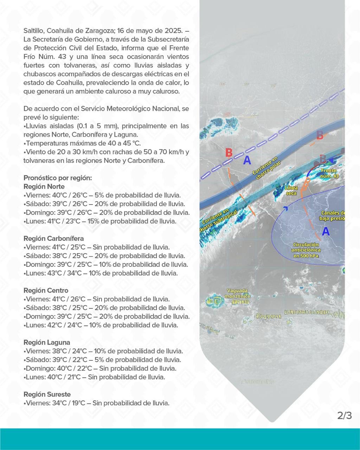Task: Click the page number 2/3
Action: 344,416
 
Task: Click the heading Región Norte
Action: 44,187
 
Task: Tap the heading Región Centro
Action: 46,291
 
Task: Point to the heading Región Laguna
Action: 47,342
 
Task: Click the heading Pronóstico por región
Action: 58,178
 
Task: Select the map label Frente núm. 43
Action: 329,173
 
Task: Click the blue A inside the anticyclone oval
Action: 326,231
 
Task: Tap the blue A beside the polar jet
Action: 247,161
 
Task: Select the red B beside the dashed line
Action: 229,153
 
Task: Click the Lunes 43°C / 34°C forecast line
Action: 100,273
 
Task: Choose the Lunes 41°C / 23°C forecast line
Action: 100,221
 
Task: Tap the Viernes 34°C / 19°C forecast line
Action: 97,403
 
